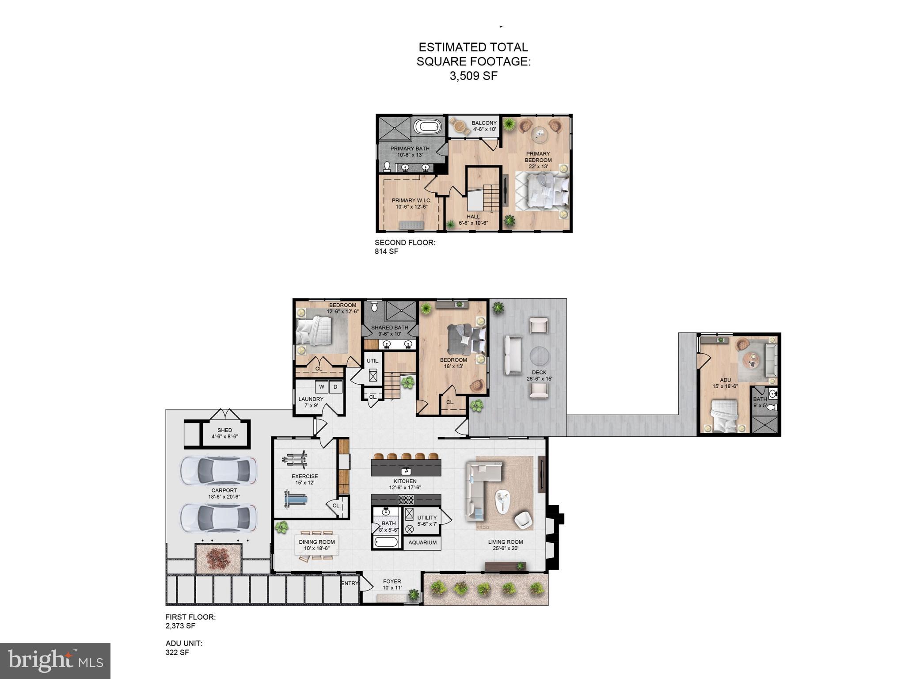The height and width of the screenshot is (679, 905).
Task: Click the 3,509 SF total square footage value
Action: (473, 76)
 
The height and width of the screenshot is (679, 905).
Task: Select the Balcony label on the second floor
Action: (484, 123)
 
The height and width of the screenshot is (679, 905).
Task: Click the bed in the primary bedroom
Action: (543, 191)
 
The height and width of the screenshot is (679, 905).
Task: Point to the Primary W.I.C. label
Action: (411, 201)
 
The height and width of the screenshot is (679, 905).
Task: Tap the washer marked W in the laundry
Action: (322, 387)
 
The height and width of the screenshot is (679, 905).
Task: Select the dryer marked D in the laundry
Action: (335, 387)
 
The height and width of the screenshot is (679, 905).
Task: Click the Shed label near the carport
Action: (224, 430)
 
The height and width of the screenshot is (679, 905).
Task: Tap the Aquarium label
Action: (422, 543)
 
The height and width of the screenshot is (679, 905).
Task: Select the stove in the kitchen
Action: (406, 500)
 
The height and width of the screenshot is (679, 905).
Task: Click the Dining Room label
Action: (317, 542)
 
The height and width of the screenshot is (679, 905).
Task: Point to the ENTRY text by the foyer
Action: (350, 584)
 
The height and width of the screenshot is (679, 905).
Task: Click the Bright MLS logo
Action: (55, 660)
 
